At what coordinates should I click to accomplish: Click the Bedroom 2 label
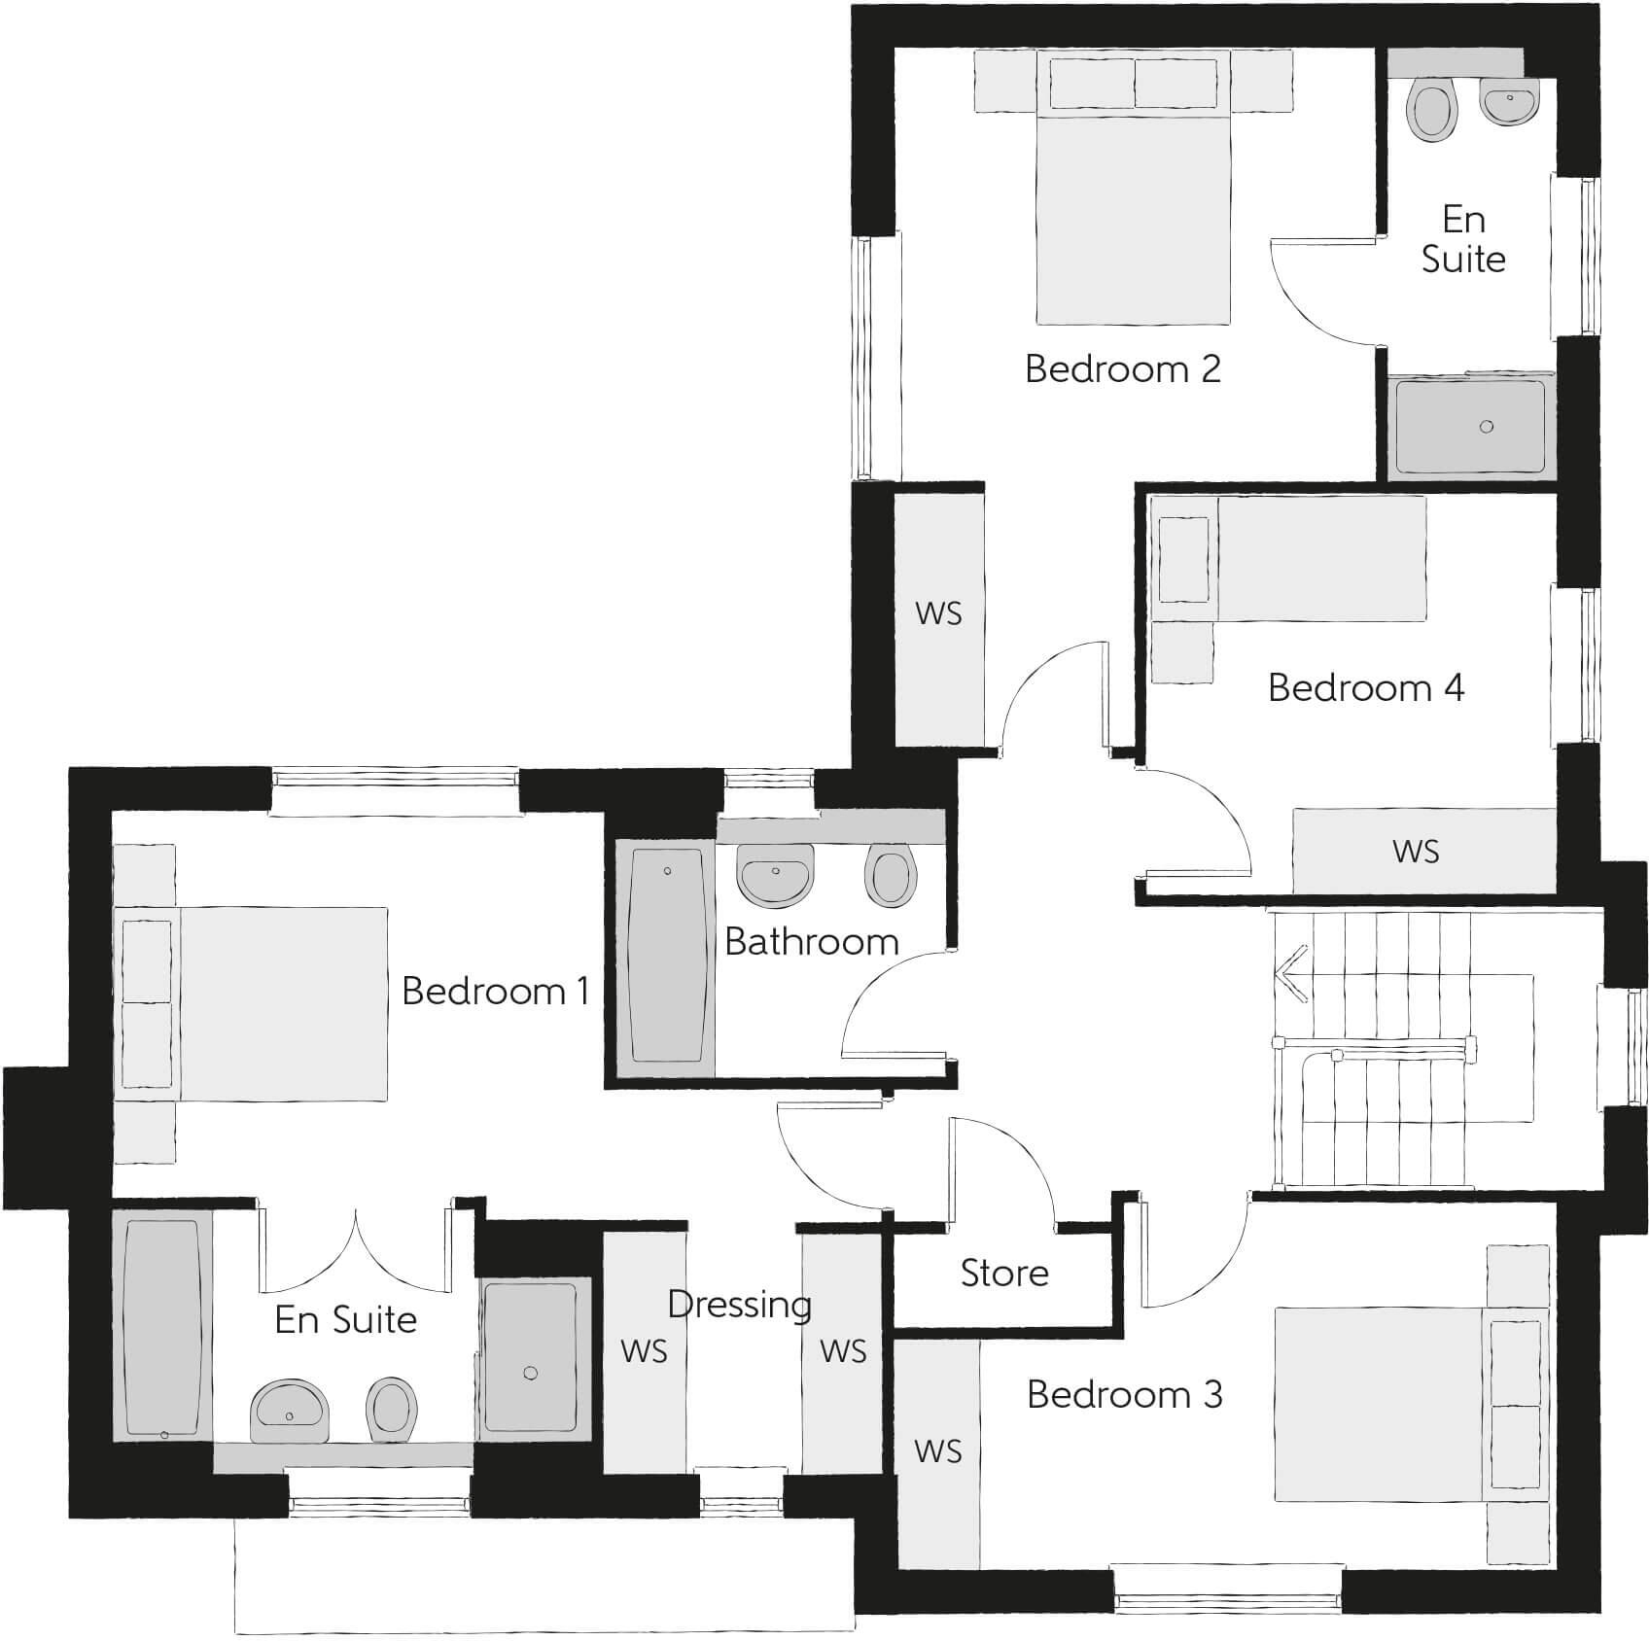pyautogui.click(x=1122, y=369)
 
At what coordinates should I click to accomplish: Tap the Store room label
pyautogui.click(x=1004, y=1273)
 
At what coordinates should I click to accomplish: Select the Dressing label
pyautogui.click(x=739, y=1305)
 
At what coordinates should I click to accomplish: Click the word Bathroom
pyautogui.click(x=811, y=941)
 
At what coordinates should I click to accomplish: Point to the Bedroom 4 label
pyautogui.click(x=1365, y=687)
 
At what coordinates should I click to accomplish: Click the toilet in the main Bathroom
pyautogui.click(x=890, y=875)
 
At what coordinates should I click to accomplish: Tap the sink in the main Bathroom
pyautogui.click(x=775, y=872)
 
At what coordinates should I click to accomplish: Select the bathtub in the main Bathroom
pyautogui.click(x=667, y=956)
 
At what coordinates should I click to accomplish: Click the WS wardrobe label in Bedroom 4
pyautogui.click(x=1415, y=852)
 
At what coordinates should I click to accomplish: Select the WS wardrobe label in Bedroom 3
pyautogui.click(x=937, y=1451)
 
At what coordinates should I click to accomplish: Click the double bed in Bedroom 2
pyautogui.click(x=1133, y=214)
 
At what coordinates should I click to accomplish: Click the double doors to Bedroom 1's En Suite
pyautogui.click(x=356, y=1254)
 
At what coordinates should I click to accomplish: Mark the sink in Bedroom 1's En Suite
pyautogui.click(x=290, y=1411)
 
